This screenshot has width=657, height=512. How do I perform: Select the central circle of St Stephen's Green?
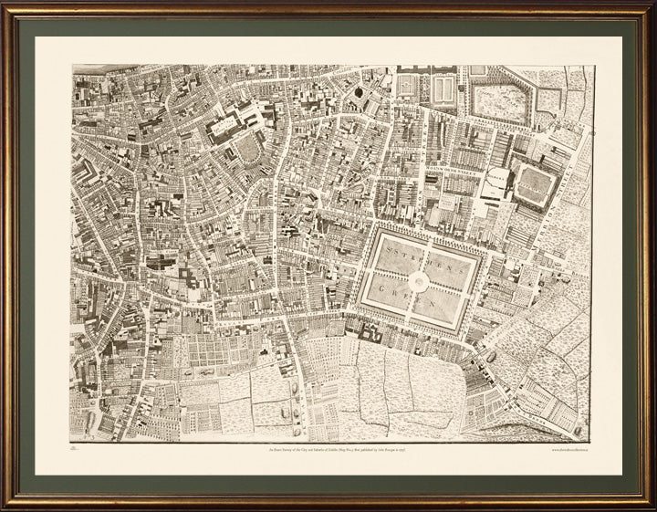point(419,283)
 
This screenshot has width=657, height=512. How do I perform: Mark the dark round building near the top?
point(357,91)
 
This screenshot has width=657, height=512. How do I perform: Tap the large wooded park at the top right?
point(500,103)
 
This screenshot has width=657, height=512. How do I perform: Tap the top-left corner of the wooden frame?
point(7,6)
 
